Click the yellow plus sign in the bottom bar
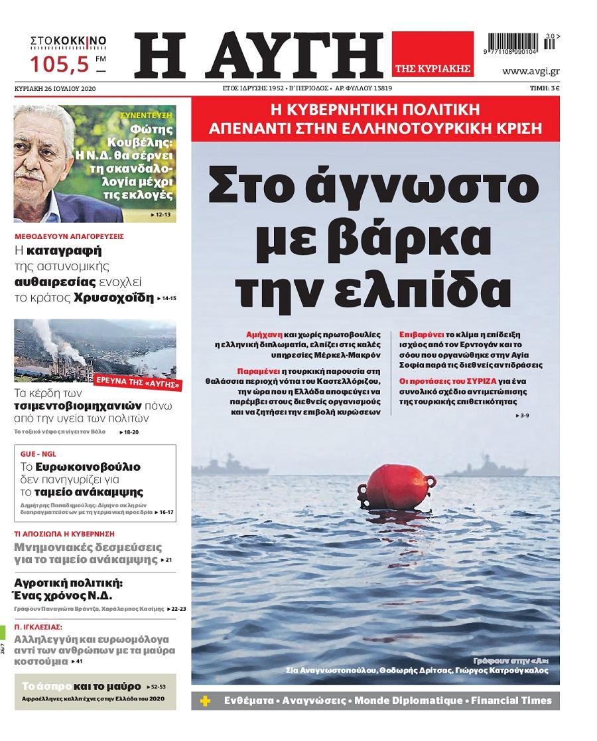(x=206, y=700)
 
